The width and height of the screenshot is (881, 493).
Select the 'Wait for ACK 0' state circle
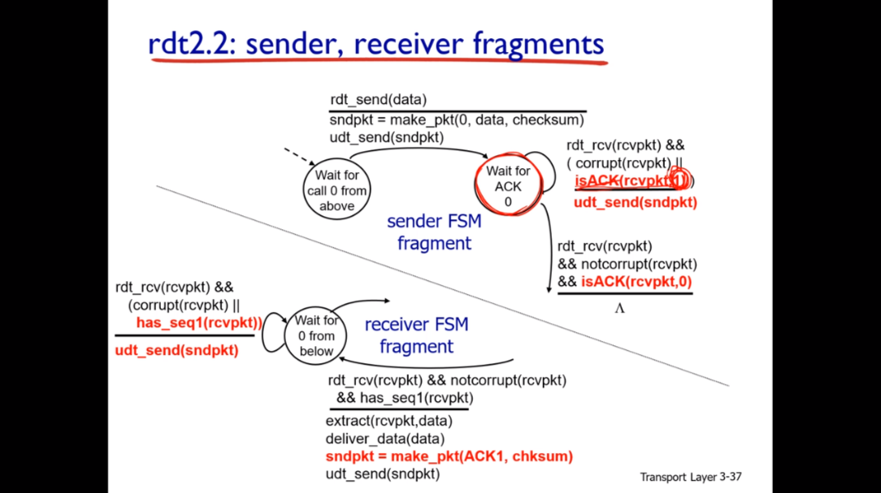(x=508, y=186)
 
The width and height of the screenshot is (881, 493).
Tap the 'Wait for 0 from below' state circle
(x=316, y=335)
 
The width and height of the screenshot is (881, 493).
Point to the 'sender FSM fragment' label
(x=434, y=231)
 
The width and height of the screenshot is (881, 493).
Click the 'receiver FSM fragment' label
(x=416, y=335)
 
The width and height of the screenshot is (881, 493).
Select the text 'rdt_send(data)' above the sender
(x=378, y=100)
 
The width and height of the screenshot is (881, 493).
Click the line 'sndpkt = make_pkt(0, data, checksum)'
(x=457, y=120)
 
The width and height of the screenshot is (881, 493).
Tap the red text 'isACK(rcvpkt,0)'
(x=637, y=282)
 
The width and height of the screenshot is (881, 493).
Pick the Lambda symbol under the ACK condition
(x=619, y=309)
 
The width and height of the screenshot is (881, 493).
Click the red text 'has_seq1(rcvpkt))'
(x=199, y=323)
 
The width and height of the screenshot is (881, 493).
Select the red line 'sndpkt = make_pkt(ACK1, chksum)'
(x=449, y=456)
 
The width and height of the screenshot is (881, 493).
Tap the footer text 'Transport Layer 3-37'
(x=691, y=477)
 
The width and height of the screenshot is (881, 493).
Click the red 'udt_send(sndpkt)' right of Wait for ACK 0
(x=635, y=202)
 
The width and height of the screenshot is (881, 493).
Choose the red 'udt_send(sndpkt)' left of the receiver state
(x=176, y=350)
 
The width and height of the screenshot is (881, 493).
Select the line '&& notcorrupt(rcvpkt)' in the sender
(x=627, y=264)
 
